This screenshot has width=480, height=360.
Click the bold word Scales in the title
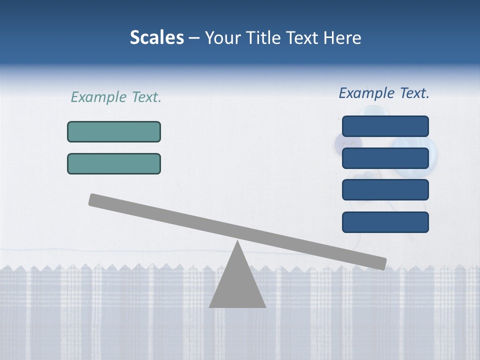pyautogui.click(x=157, y=37)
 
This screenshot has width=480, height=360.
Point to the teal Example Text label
pyautogui.click(x=116, y=97)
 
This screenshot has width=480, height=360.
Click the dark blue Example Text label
pyautogui.click(x=384, y=93)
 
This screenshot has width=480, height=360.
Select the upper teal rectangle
pyautogui.click(x=114, y=131)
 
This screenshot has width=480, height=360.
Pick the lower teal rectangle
pyautogui.click(x=114, y=163)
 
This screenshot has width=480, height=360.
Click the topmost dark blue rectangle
pyautogui.click(x=385, y=126)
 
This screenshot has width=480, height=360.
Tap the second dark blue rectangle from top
pyautogui.click(x=385, y=158)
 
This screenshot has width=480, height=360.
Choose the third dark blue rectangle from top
pyautogui.click(x=385, y=189)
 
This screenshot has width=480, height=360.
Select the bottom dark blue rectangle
pyautogui.click(x=385, y=222)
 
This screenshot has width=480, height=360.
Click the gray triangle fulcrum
pyautogui.click(x=237, y=285)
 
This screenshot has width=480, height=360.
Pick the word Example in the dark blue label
pyautogui.click(x=367, y=93)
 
